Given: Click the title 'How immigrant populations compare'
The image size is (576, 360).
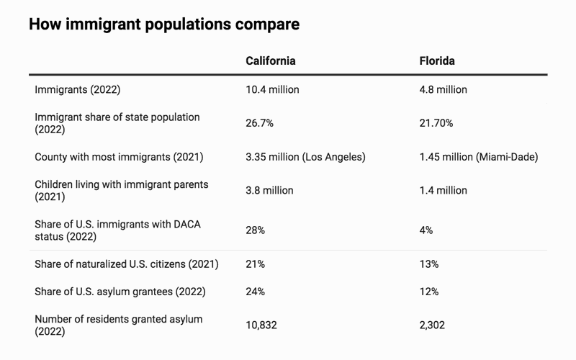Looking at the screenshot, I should tap(163, 24).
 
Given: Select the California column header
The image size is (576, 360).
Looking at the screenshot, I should tap(271, 60).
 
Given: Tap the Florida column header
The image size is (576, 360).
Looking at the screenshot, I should tap(437, 60).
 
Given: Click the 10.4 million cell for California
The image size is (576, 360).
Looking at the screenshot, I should tap(273, 89).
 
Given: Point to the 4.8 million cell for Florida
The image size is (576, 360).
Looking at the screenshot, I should tap(443, 89).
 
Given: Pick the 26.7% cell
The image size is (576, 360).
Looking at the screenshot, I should tap(260, 123).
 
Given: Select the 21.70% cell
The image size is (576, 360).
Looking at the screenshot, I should tap(436, 123).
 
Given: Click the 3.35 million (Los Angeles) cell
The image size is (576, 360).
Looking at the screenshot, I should tap(305, 157).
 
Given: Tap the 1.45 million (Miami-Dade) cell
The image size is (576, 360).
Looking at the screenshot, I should tap(479, 157).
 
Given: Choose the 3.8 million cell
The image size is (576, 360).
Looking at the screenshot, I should tap(270, 191).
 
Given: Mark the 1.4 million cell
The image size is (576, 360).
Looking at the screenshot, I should tap(443, 191).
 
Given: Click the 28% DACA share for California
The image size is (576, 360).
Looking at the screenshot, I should tap(256, 230).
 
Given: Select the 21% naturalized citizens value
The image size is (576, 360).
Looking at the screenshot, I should tap(256, 264).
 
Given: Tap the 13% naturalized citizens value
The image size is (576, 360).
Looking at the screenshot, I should tap(429, 264).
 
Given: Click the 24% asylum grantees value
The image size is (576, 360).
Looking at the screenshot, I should tap(256, 292).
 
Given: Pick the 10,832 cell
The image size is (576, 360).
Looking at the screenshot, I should tap(262, 325).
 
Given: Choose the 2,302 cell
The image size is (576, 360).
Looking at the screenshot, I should tap(432, 325).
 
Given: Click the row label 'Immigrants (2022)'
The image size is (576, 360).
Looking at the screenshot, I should tap(77, 89).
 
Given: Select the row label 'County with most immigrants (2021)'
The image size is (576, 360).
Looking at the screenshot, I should tap(119, 157).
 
